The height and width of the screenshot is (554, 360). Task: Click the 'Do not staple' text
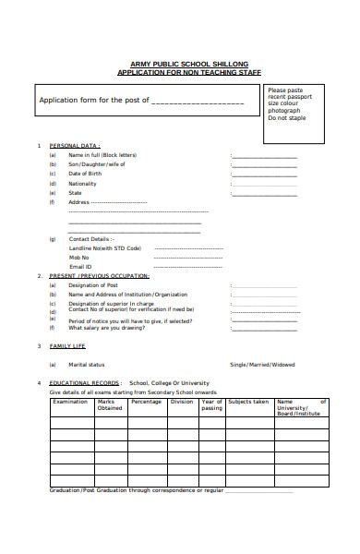point(287,118)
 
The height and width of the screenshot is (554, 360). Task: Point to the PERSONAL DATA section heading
point(75,146)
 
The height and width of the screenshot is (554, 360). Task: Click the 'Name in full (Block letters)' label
point(102,155)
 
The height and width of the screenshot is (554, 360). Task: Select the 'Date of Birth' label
point(85,174)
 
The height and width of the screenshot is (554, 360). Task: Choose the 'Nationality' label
point(83,184)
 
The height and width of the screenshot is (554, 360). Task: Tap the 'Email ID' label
point(81,266)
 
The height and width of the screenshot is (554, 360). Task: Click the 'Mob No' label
point(80,257)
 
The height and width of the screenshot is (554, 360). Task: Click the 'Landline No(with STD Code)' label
point(105,247)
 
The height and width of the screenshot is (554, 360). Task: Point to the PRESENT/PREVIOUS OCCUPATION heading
point(99,276)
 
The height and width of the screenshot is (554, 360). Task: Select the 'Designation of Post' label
point(95,285)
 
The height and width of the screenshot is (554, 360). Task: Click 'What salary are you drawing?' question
point(112,328)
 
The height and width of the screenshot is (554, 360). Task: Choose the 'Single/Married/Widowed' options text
point(262,365)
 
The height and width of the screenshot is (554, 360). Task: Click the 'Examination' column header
point(70,402)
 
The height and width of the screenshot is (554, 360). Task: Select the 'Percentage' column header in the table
point(146,402)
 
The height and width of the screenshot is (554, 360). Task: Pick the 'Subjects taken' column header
point(248,402)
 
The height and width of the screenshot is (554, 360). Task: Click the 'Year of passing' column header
point(211,404)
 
